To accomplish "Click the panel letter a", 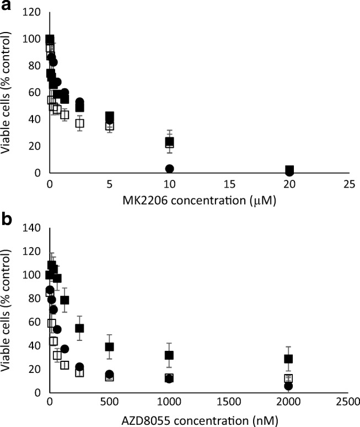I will [7, 7].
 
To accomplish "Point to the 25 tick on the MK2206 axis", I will [348, 182].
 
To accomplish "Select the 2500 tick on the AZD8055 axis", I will [348, 401].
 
